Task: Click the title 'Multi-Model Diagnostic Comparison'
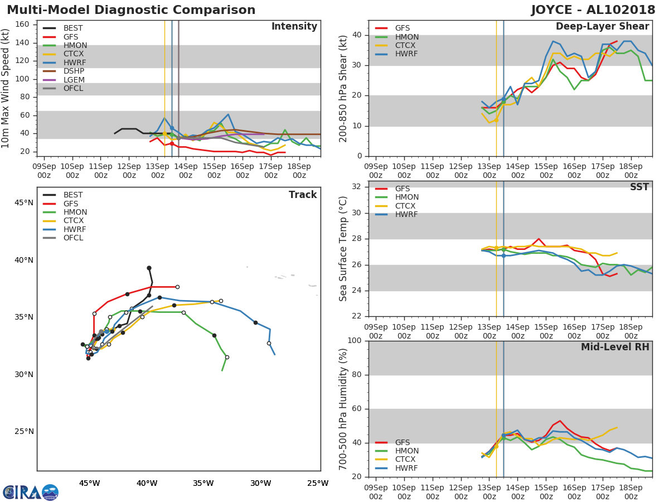pos(131,10)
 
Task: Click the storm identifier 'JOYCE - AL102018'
pos(593,10)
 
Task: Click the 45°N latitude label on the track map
pos(24,202)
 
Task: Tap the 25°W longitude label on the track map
pos(318,483)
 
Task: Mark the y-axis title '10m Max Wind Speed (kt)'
pos(6,88)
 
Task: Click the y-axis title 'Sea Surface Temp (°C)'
pos(343,248)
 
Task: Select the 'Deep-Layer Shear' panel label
pos(602,27)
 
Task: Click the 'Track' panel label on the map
pos(302,195)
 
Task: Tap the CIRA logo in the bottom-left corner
pos(31,492)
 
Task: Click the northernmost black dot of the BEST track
pos(149,268)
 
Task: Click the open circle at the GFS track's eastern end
pos(177,287)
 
